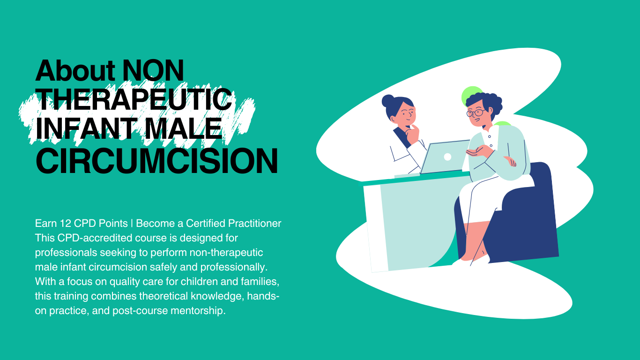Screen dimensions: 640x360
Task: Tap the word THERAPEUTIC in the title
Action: tap(134, 99)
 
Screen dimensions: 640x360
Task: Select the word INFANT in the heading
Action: tap(86, 129)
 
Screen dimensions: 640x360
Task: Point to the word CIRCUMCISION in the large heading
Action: tap(156, 161)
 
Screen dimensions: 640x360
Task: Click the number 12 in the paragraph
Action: tap(65, 223)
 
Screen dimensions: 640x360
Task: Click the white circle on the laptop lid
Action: tap(447, 157)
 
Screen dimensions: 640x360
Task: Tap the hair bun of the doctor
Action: tap(388, 101)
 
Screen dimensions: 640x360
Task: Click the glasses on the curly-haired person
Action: tap(475, 112)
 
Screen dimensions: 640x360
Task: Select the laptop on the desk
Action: tap(445, 157)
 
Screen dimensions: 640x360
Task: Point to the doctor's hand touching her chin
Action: tap(412, 135)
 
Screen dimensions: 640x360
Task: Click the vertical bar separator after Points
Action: tap(132, 223)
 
